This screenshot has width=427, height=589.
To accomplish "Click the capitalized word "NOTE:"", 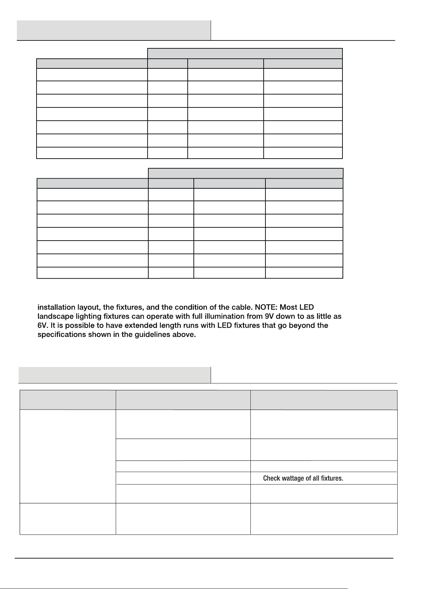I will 266,307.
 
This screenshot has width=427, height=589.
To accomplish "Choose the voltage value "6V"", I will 42,325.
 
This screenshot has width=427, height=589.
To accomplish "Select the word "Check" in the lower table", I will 271,478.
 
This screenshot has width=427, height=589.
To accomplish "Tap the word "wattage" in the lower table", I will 293,478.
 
